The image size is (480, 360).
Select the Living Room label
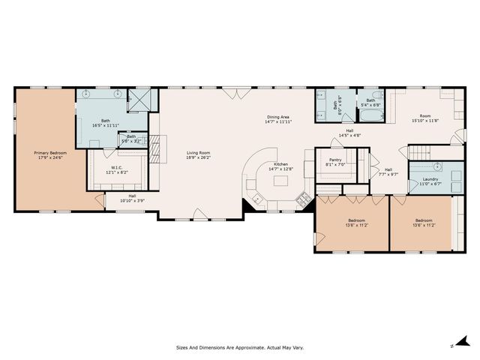pyautogui.click(x=199, y=152)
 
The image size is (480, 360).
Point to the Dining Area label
pyautogui.click(x=278, y=116)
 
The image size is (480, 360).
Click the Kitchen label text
pyautogui.click(x=280, y=163)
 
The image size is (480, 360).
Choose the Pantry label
pyautogui.click(x=331, y=160)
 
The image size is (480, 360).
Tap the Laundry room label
pyautogui.click(x=430, y=178)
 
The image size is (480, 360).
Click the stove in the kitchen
pyautogui.click(x=304, y=199)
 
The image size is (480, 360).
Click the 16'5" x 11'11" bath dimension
pyautogui.click(x=106, y=125)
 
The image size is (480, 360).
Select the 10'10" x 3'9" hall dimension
pyautogui.click(x=132, y=200)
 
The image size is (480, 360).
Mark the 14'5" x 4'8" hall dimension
pyautogui.click(x=350, y=135)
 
